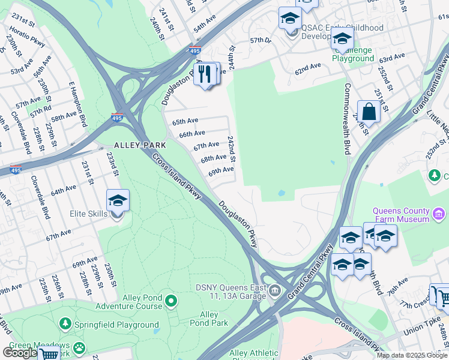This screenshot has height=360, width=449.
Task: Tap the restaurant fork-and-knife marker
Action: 205,74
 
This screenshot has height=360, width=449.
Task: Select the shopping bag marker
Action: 369,112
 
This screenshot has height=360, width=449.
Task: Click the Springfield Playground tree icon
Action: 65,325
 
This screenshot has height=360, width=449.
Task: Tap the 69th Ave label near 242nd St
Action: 221,170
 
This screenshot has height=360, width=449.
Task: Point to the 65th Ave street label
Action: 185,121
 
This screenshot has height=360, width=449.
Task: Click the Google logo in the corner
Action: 20,353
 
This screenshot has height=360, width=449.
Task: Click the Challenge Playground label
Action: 353,55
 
